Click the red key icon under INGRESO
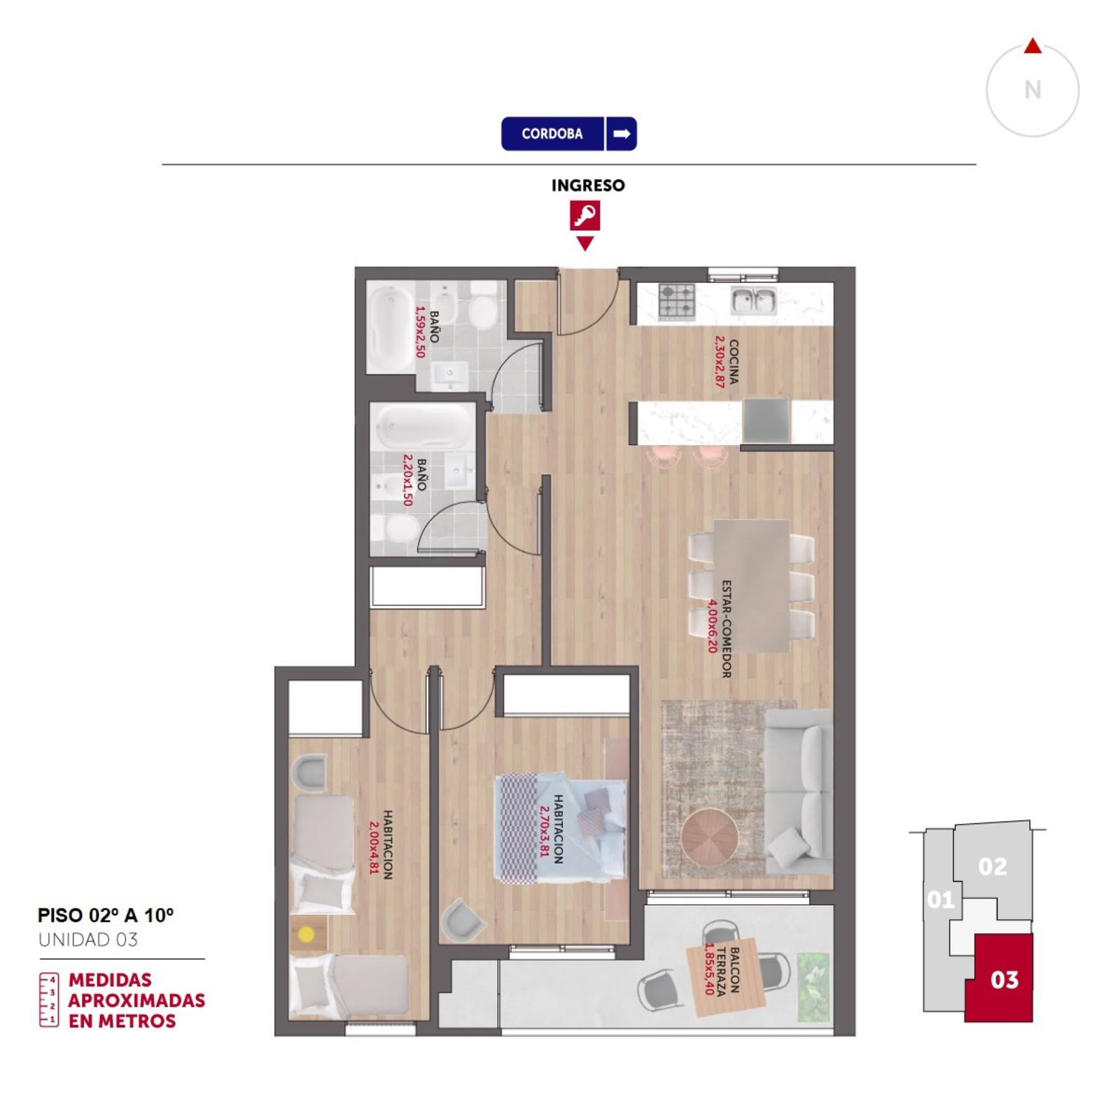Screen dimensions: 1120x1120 (584, 216)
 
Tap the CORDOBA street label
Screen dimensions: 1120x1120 (552, 134)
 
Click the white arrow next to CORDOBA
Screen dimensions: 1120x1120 (622, 134)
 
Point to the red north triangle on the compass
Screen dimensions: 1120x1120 (1032, 46)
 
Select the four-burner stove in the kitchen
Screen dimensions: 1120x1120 (676, 302)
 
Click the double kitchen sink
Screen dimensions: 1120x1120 (753, 302)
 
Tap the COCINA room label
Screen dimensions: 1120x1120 (734, 362)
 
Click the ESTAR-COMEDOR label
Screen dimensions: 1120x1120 (726, 629)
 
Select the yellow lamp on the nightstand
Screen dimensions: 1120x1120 (307, 934)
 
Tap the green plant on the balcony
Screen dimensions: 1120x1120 (812, 986)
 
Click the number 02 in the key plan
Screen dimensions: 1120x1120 (993, 867)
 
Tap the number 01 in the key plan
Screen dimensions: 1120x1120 (940, 899)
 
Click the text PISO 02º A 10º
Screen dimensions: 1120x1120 (106, 915)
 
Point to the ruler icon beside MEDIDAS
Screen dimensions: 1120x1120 (49, 1000)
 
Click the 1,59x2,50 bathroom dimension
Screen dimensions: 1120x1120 (421, 332)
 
